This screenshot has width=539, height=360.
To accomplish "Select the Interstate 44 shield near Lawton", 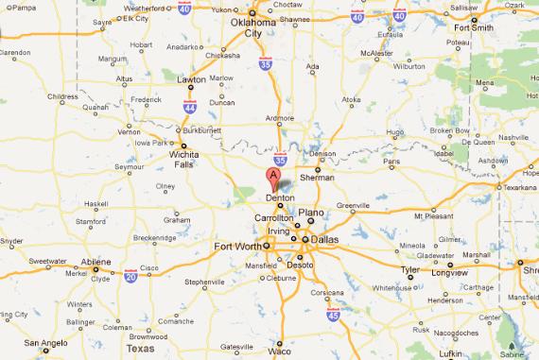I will click(x=190, y=106).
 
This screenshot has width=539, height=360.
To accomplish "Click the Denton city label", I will click(x=280, y=197).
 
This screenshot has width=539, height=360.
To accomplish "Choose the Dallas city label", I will click(x=323, y=239).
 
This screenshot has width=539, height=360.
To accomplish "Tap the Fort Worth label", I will click(x=236, y=248).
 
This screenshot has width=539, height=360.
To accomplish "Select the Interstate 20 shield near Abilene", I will click(x=130, y=275).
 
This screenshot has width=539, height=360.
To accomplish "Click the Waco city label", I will click(x=279, y=351).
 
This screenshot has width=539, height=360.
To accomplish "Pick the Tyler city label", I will click(x=410, y=268).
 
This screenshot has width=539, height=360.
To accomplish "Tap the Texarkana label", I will click(x=518, y=187).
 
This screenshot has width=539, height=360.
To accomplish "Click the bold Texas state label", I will click(x=140, y=348).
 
